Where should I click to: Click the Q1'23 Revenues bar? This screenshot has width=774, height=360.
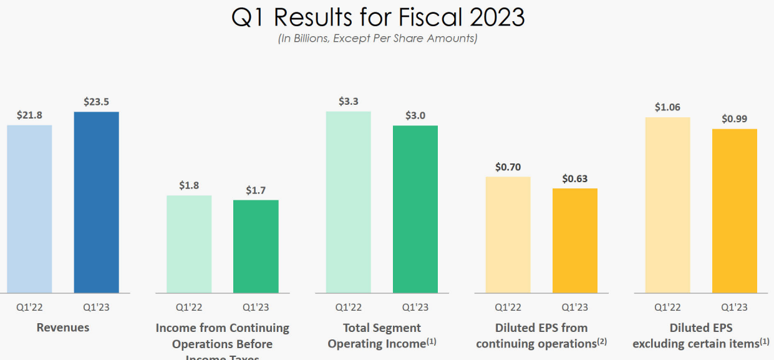point(96,202)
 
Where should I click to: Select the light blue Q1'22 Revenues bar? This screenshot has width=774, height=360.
point(30,209)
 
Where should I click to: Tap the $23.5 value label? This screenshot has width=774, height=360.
point(96,102)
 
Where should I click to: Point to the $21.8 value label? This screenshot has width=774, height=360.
point(30,115)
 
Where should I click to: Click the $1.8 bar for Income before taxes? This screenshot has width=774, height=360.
point(189,244)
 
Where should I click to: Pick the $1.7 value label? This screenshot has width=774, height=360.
point(256,190)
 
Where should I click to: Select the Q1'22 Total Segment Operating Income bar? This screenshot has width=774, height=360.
point(348,202)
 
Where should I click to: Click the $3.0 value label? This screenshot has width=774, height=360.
point(415,115)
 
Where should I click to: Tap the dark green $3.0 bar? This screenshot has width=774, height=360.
point(415,209)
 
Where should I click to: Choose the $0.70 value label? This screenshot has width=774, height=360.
point(508,167)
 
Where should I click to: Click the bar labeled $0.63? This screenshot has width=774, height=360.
point(575,240)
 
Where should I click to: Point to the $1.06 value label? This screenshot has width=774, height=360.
point(667,107)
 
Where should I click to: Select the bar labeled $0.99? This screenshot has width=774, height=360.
point(735,211)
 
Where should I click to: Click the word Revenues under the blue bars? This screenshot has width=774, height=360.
point(63,328)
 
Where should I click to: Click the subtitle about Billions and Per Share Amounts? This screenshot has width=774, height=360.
point(378,39)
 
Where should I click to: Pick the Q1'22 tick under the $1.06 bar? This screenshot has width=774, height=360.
point(667,307)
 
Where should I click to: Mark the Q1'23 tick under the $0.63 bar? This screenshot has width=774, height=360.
point(575,307)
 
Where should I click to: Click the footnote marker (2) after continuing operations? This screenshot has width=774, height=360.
point(601,341)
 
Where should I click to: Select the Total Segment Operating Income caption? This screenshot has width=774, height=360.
point(382,335)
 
